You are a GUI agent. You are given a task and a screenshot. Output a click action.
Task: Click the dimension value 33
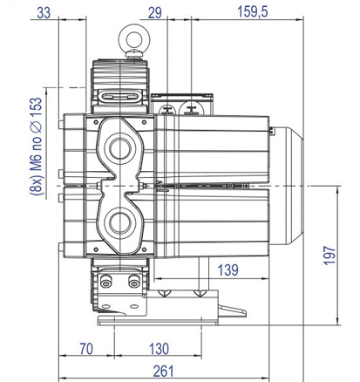[44, 13]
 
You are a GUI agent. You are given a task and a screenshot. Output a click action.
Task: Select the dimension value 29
[155, 13]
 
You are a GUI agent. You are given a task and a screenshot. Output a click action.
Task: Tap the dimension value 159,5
[253, 12]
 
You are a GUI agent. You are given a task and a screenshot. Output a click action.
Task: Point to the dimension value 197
[329, 256]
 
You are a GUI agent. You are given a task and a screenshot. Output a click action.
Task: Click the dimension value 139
[228, 270]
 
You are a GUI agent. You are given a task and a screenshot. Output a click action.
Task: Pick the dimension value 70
[86, 349]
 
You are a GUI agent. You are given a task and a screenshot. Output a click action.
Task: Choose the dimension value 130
[159, 349]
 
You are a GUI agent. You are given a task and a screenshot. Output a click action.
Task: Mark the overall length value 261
[163, 372]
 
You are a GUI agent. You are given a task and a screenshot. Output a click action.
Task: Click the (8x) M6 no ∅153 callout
[36, 146]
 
